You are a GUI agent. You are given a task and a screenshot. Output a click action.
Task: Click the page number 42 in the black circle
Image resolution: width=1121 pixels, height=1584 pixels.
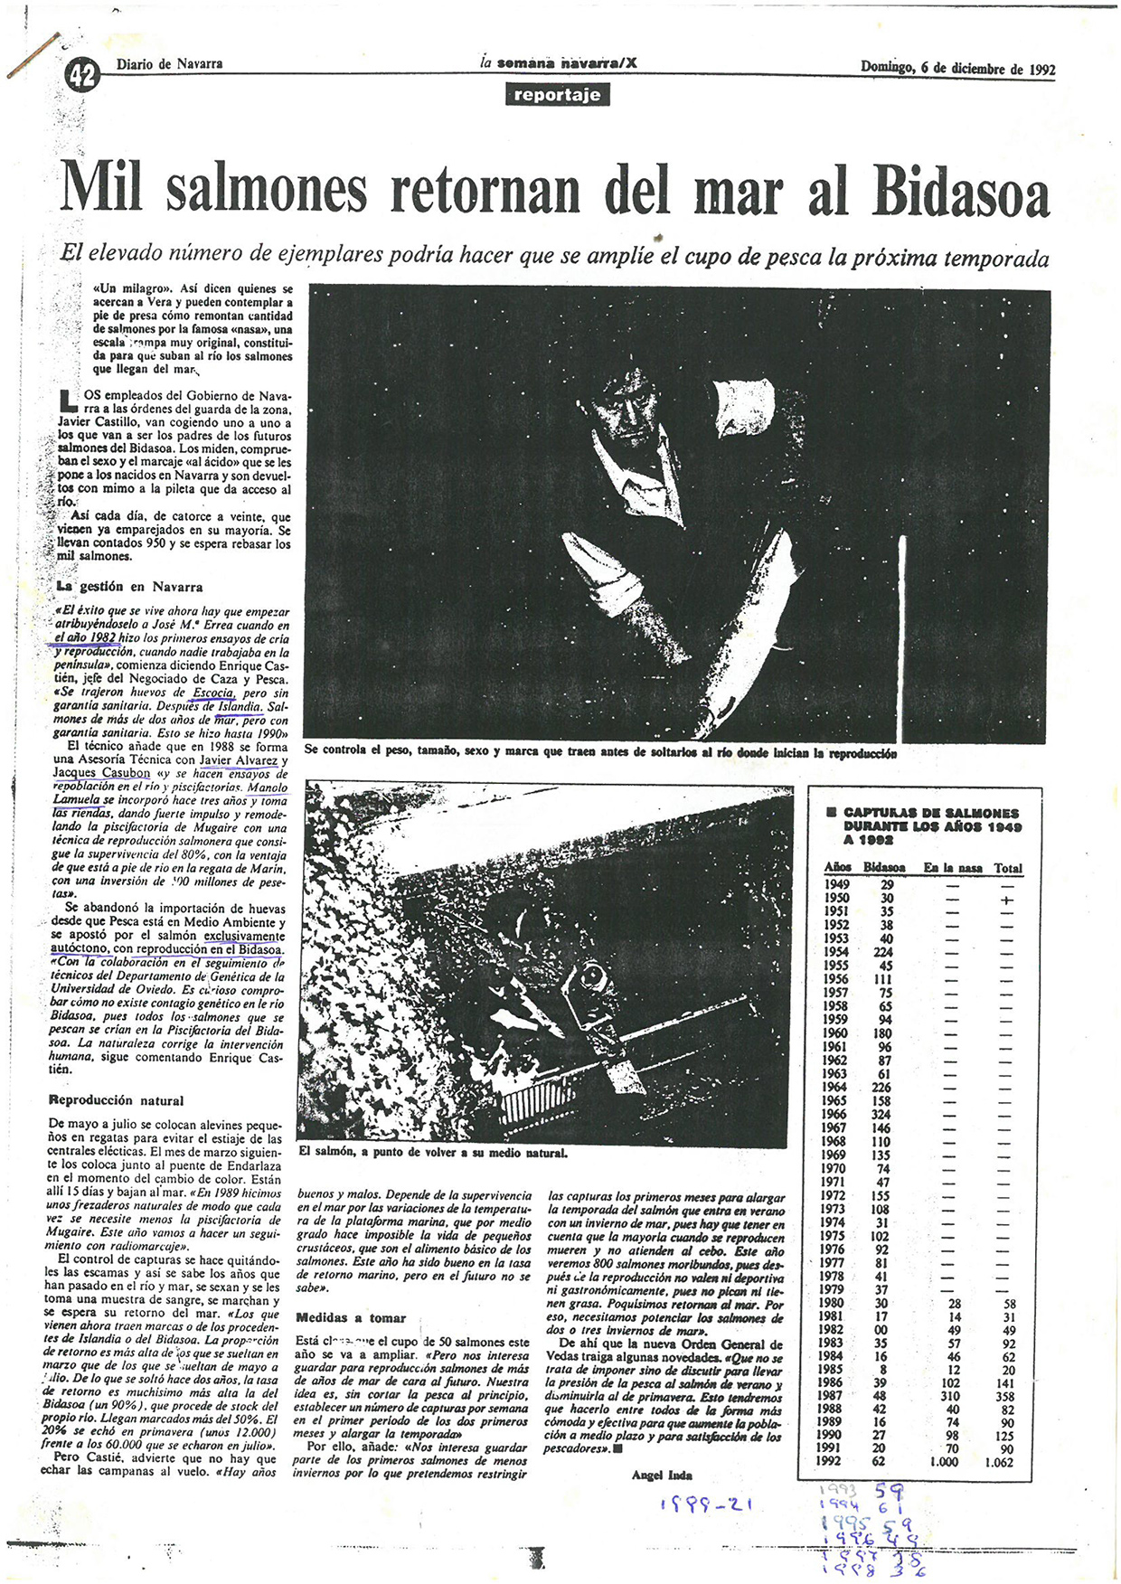[81, 76]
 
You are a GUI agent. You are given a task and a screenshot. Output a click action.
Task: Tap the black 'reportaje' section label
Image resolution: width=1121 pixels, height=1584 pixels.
[557, 95]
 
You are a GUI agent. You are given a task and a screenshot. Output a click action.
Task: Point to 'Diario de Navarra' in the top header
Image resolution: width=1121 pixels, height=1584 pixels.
[169, 64]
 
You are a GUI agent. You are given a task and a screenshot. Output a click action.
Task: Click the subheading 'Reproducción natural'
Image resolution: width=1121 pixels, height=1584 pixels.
[116, 1100]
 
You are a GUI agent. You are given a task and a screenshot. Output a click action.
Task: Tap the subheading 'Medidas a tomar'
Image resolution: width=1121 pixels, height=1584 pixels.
[351, 1318]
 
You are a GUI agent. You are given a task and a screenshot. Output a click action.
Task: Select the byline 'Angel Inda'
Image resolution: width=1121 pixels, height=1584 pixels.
[662, 1475]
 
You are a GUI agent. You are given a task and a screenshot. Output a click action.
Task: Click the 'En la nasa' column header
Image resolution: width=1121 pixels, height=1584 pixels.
[952, 868]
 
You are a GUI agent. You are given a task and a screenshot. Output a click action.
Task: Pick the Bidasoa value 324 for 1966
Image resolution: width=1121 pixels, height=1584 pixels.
[881, 1114]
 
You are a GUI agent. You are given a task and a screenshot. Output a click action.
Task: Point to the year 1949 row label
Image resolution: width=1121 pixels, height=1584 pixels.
[836, 884]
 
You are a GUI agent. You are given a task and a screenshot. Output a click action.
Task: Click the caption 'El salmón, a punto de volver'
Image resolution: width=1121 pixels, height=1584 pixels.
[432, 1153]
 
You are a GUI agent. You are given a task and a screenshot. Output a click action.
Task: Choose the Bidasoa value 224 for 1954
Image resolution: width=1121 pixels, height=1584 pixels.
[881, 952]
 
